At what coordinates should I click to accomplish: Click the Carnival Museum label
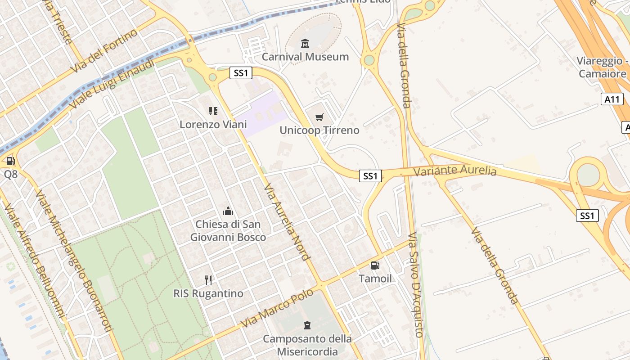305,57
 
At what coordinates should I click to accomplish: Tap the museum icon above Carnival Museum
306,43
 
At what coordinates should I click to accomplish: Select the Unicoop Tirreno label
319,130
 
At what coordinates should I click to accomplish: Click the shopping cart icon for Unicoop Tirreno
319,117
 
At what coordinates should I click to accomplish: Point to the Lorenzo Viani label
213,124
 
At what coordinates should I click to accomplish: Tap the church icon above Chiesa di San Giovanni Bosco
228,211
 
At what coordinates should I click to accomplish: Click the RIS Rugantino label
208,293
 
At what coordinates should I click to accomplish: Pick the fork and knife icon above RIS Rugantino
208,280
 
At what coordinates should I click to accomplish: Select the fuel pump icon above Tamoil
375,265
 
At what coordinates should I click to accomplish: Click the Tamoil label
375,279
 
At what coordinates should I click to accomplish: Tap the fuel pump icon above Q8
10,161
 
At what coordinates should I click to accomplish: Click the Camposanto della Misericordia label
307,345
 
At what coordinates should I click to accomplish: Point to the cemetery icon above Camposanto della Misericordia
307,325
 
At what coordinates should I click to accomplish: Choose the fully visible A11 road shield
612,99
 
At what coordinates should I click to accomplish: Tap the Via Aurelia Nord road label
287,222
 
